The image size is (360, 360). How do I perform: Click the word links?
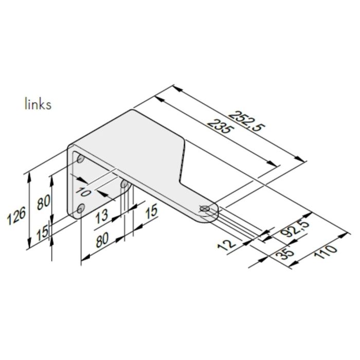(38, 104)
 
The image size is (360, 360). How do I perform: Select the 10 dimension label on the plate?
(84, 194)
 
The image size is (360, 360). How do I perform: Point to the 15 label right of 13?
(151, 212)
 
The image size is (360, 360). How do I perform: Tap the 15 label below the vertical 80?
(44, 231)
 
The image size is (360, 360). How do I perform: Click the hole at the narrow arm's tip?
(205, 209)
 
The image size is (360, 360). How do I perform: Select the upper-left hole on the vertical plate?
(80, 160)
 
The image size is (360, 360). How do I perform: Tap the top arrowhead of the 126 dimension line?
(29, 174)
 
